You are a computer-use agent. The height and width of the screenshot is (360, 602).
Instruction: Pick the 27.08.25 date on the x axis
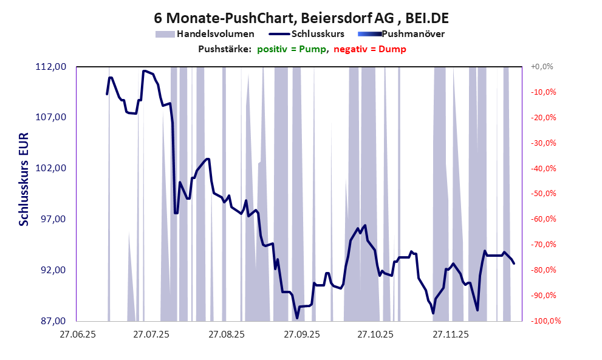tap(227, 334)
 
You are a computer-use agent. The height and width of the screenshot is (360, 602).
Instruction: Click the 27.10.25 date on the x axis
tap(375, 334)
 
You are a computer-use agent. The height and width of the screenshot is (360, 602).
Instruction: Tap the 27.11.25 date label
tap(450, 334)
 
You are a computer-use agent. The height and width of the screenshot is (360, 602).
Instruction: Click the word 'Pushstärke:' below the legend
tap(225, 49)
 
